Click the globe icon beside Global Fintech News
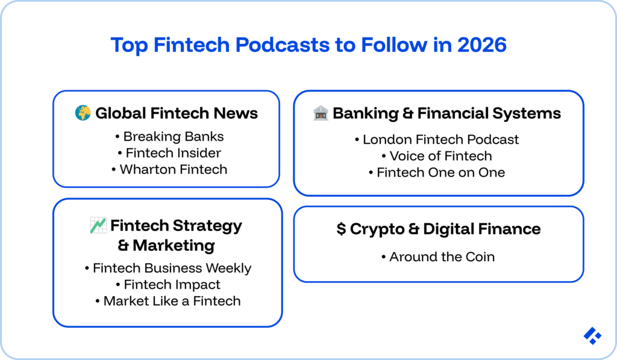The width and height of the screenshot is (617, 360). [x=83, y=113]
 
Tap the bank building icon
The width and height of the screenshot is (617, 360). [x=320, y=113]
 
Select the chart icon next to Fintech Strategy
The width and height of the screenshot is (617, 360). [x=98, y=226]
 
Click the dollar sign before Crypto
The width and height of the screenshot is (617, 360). [x=341, y=229]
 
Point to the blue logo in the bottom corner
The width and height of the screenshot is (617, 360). [x=592, y=336]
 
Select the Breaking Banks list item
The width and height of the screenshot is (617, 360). [x=174, y=136]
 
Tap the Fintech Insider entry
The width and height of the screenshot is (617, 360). [x=173, y=153]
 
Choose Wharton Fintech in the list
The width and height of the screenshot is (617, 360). [x=174, y=169]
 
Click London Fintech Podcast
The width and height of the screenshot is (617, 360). [x=440, y=139]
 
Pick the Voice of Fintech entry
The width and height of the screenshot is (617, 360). [x=440, y=156]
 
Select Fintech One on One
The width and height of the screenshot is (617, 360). [x=440, y=172]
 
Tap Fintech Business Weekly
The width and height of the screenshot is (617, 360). [x=172, y=268]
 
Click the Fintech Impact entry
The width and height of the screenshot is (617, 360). [x=172, y=284]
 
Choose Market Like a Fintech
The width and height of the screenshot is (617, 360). [x=172, y=300]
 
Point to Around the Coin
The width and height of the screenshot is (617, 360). [x=442, y=257]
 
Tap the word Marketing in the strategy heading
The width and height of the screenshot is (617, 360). [x=174, y=245]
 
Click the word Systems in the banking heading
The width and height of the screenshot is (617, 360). [x=530, y=113]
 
